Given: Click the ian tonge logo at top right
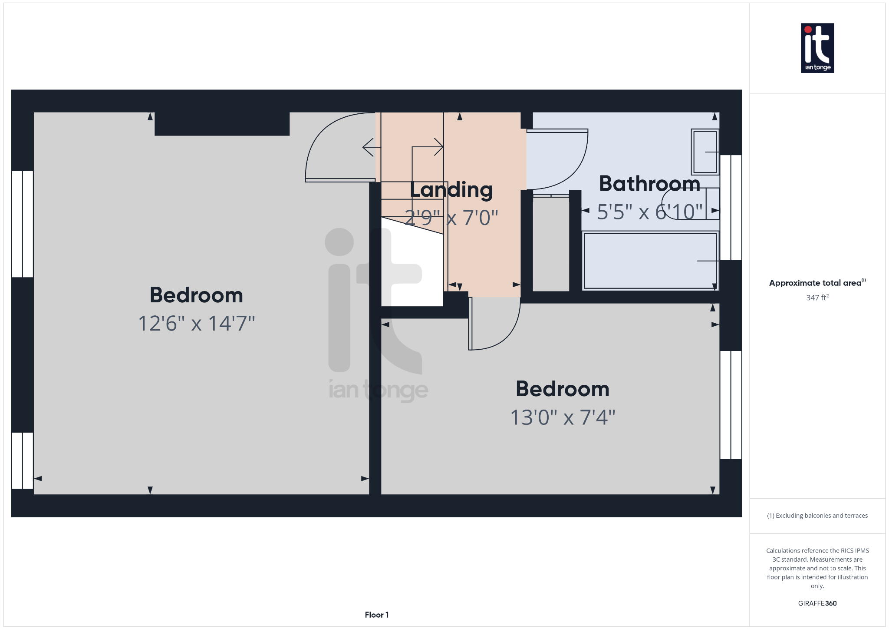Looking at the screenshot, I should tap(817, 48).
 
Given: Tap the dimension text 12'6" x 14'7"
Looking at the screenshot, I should tap(196, 324).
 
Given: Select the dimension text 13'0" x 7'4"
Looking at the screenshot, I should tap(563, 417).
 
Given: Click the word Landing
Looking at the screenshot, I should tap(451, 190).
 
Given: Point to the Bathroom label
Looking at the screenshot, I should tap(649, 184).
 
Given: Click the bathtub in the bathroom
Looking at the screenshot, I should tap(650, 261).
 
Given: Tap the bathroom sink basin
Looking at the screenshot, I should tap(705, 152).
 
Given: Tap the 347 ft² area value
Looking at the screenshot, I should tap(817, 298).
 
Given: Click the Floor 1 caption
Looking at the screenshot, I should tap(376, 615).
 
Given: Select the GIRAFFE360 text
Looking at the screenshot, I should tap(817, 603).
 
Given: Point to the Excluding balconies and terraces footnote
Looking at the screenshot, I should tap(817, 516).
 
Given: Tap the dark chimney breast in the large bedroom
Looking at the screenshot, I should tap(222, 124).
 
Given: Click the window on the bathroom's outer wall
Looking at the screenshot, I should tap(731, 207).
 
